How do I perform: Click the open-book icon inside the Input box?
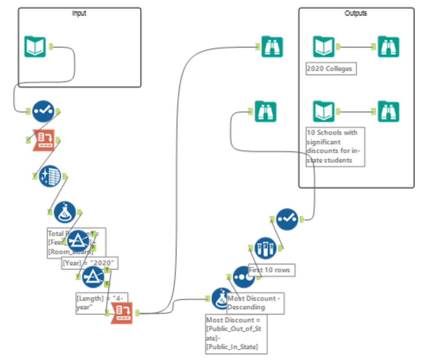click(x=35, y=47)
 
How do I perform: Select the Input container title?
click(x=79, y=13)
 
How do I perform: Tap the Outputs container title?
click(x=356, y=13)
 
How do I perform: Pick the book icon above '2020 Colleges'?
click(x=324, y=47)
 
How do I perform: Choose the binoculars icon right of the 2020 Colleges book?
click(x=388, y=47)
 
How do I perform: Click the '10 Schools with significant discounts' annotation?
click(x=335, y=146)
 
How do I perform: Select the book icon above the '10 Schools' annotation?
click(x=324, y=111)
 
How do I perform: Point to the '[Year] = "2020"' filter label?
click(x=90, y=263)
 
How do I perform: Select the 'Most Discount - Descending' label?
click(x=255, y=303)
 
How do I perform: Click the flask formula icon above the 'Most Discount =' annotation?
click(x=222, y=299)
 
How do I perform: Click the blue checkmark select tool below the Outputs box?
click(x=287, y=219)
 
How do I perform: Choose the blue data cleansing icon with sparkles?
click(x=50, y=176)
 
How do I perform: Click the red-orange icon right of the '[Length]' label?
click(x=122, y=313)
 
